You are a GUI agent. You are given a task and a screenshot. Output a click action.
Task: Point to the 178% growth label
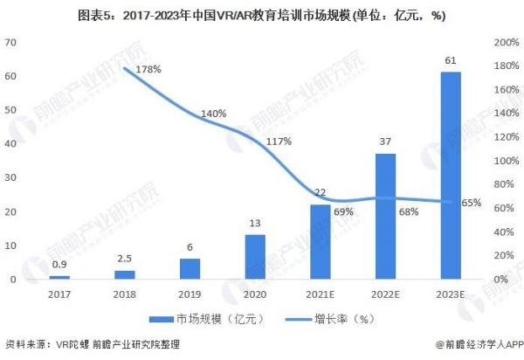(150, 70)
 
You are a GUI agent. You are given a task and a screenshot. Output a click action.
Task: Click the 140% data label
(213, 114)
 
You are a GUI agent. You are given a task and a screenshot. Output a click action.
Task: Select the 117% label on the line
(279, 141)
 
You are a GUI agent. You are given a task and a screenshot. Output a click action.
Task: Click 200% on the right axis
(506, 43)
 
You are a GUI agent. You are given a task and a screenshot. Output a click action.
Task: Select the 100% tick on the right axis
(506, 161)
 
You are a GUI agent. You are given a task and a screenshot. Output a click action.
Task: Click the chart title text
(262, 14)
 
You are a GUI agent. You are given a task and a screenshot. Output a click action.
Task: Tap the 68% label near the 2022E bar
(407, 211)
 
